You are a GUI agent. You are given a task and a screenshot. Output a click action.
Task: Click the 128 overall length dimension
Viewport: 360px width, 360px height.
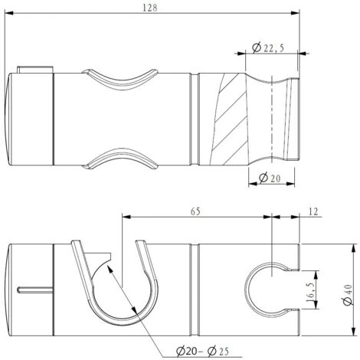tap(150, 8)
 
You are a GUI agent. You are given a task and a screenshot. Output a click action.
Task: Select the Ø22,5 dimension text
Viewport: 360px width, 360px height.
tap(268, 47)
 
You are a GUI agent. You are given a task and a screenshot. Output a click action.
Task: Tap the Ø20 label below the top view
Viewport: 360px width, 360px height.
tap(270, 178)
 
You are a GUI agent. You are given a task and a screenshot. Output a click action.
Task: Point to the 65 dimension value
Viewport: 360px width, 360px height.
tap(195, 211)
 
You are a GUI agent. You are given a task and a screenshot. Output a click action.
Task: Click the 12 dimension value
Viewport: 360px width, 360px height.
tap(313, 211)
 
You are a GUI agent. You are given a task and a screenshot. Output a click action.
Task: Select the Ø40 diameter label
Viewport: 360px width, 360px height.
tap(348, 294)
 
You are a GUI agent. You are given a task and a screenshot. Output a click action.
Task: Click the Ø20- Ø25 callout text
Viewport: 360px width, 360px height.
tap(202, 352)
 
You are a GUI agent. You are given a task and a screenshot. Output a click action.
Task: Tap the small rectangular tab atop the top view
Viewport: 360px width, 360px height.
tap(35, 70)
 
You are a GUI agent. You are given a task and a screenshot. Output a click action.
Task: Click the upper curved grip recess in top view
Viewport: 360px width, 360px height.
tap(120, 79)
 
